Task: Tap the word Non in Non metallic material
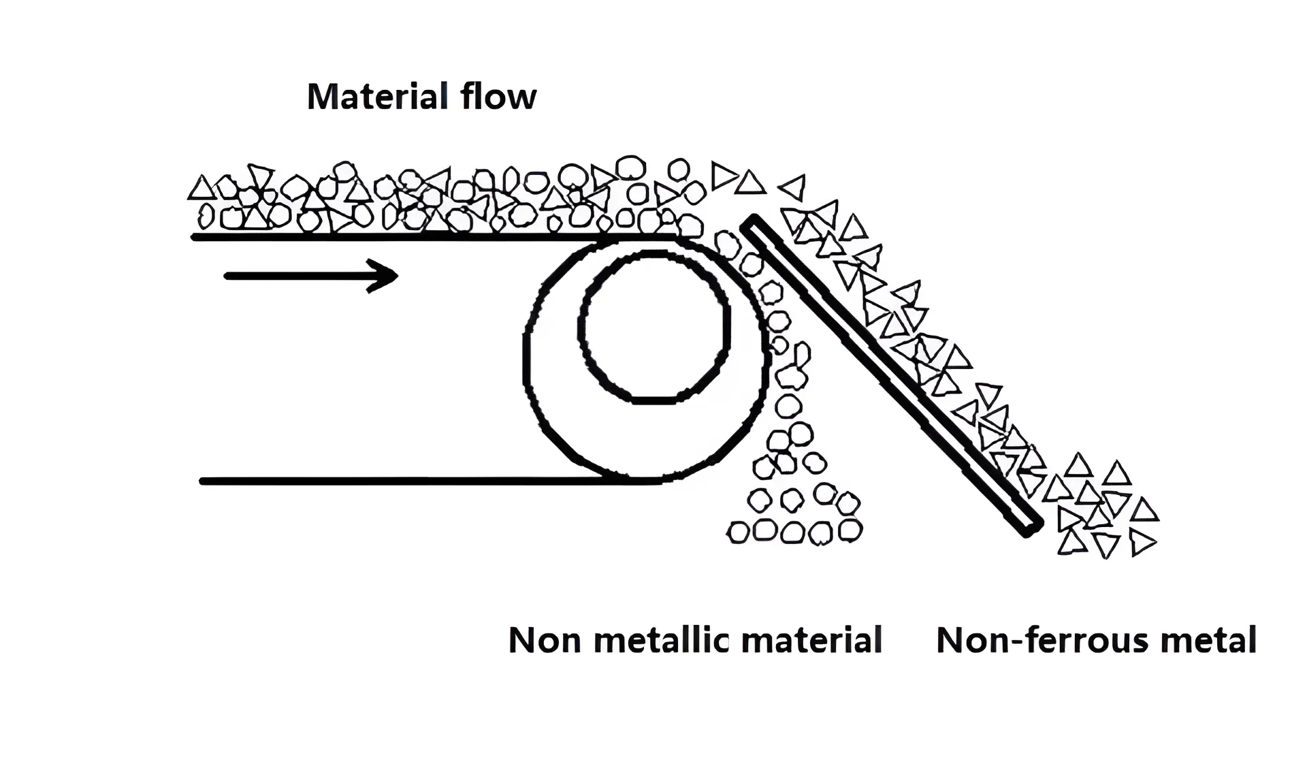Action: point(543,641)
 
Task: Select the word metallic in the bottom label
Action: point(661,641)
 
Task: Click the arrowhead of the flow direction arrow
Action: point(385,276)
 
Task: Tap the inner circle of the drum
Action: point(654,327)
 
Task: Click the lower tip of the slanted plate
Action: point(1031,527)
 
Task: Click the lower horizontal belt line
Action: point(408,481)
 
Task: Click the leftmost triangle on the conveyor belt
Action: point(201,189)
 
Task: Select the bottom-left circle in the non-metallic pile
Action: point(739,532)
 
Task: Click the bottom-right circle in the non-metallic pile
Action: point(850,529)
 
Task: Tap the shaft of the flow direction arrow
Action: point(300,276)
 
